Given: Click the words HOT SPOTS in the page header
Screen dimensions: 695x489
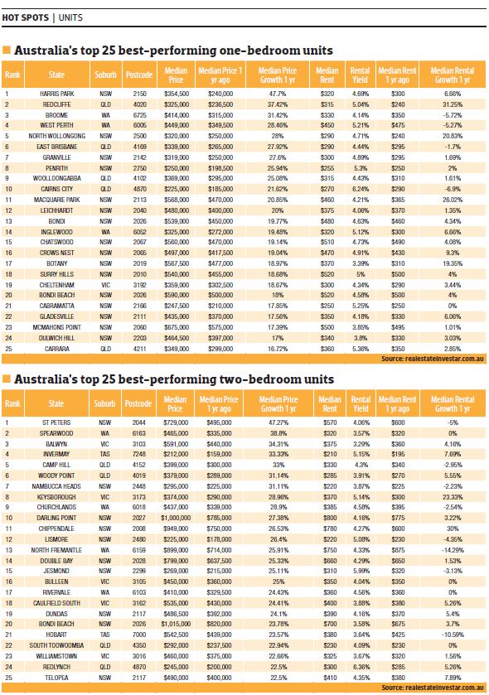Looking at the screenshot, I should click(26, 16).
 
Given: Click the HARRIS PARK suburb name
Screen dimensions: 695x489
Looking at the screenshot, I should click(56, 94).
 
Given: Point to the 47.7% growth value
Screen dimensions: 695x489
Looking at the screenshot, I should click(278, 94).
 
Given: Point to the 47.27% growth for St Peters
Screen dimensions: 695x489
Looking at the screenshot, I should click(278, 422).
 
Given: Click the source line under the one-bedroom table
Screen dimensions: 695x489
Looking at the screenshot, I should click(432, 359).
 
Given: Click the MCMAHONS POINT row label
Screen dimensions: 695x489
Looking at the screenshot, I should click(56, 327).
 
